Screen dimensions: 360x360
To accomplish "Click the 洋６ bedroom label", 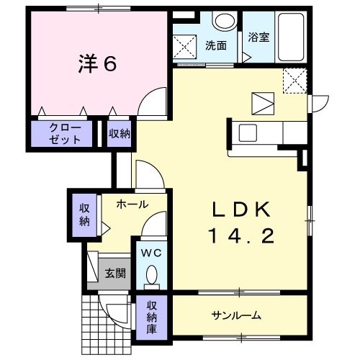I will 97,64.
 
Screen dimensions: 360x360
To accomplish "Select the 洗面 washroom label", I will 215,45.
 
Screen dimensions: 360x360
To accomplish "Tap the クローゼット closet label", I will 61,133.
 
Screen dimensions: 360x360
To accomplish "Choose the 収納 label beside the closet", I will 120,133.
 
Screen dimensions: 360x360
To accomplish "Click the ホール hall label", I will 133,204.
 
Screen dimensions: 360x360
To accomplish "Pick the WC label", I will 151,253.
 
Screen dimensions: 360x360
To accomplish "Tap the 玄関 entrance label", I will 114,273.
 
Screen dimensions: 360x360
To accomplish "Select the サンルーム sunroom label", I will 236,316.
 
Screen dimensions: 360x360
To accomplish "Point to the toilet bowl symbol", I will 152,274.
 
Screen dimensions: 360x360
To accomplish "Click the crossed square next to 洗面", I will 186,46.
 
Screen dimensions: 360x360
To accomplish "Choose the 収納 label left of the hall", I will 85,213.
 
